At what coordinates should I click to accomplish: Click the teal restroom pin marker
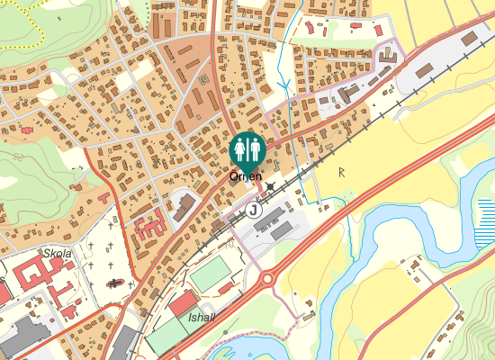246,148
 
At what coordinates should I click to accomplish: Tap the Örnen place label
246,177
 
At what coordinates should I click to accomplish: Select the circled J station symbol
254,210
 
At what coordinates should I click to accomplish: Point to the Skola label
57,255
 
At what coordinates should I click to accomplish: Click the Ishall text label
201,318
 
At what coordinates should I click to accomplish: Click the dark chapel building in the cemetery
115,283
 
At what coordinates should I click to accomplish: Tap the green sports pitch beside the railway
209,274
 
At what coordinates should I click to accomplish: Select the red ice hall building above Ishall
183,302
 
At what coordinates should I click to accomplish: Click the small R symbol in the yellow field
342,171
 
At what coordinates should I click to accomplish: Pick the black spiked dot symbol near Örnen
271,186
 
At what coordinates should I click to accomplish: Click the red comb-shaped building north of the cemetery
151,221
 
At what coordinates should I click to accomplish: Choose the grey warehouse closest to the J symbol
282,230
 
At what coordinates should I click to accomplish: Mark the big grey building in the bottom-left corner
22,337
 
